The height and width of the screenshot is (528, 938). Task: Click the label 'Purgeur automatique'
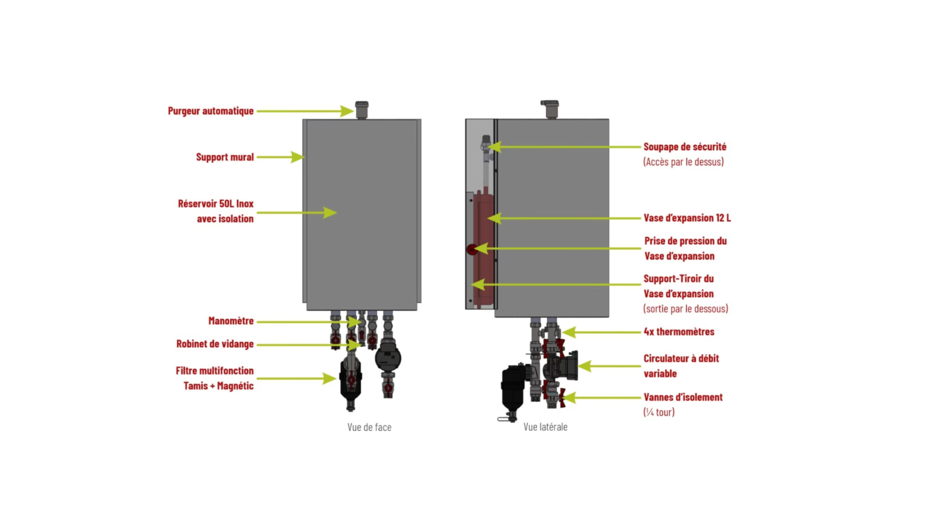click(x=211, y=111)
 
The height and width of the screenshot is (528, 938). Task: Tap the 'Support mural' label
click(x=225, y=157)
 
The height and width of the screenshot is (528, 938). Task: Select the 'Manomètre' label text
click(x=231, y=321)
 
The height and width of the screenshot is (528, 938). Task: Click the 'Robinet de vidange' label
click(x=215, y=344)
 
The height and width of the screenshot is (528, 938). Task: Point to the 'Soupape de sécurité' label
click(x=684, y=147)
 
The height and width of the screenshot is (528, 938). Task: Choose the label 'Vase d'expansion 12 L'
click(x=687, y=218)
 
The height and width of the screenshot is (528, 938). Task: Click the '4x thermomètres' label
click(x=679, y=331)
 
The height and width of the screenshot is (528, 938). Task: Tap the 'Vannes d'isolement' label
click(x=682, y=397)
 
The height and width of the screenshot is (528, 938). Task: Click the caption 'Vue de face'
click(x=369, y=427)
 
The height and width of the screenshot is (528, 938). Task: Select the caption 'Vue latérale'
click(x=545, y=427)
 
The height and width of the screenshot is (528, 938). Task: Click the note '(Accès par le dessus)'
click(x=683, y=162)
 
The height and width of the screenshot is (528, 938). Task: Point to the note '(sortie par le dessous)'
click(x=685, y=308)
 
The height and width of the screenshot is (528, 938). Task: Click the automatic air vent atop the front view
click(x=362, y=110)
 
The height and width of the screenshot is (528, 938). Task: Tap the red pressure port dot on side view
click(x=472, y=249)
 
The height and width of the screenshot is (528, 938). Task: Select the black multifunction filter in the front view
click(x=351, y=381)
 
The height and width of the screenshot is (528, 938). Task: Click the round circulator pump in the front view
click(x=388, y=358)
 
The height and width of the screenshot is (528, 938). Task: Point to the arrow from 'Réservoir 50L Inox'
click(x=297, y=213)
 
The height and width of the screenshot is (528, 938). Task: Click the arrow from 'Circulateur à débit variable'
click(x=609, y=366)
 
